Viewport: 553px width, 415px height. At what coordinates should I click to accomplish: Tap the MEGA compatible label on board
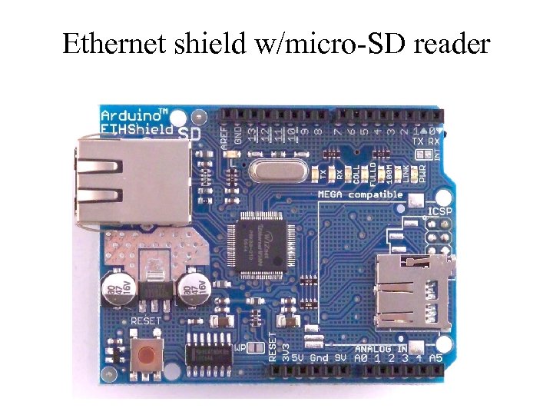coord(361,194)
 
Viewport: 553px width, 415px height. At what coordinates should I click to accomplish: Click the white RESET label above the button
coord(146,320)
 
